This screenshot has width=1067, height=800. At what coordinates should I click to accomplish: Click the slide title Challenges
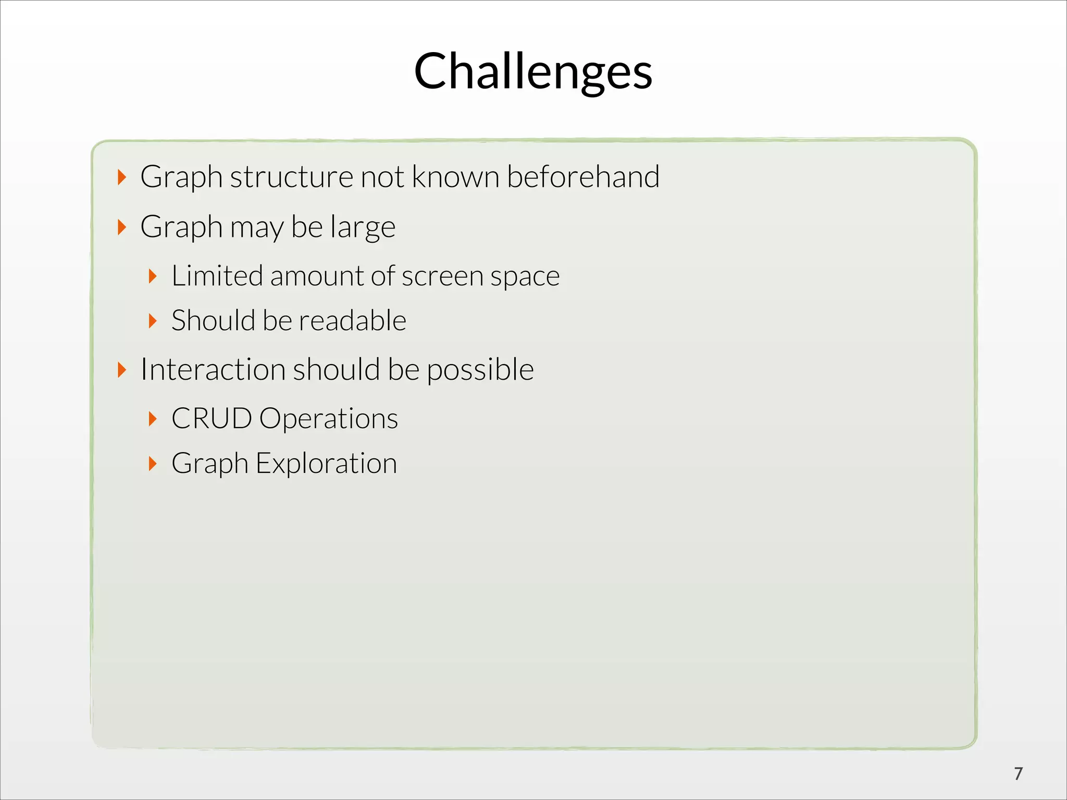click(533, 71)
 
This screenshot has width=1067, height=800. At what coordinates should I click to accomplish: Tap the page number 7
click(1019, 773)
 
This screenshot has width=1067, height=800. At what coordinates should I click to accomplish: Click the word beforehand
click(583, 177)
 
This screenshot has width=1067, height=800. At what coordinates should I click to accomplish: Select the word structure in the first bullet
click(292, 177)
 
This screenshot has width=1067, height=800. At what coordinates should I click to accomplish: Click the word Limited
click(217, 276)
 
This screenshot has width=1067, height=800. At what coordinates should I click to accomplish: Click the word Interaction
click(213, 369)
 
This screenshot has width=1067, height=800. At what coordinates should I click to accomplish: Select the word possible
click(480, 370)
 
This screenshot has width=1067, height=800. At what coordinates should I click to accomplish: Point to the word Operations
click(328, 419)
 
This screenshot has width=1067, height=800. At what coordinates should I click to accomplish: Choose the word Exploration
click(326, 463)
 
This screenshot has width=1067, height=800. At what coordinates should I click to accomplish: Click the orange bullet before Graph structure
click(122, 177)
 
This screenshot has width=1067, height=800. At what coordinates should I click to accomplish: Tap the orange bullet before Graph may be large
click(122, 227)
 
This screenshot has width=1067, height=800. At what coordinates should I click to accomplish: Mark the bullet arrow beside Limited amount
click(153, 276)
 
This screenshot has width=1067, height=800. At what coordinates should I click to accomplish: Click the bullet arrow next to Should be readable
click(153, 320)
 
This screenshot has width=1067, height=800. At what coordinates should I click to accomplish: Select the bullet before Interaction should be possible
click(122, 370)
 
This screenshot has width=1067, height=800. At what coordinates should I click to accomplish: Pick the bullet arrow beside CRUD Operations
click(153, 418)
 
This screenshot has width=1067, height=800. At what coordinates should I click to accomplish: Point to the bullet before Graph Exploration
click(153, 463)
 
